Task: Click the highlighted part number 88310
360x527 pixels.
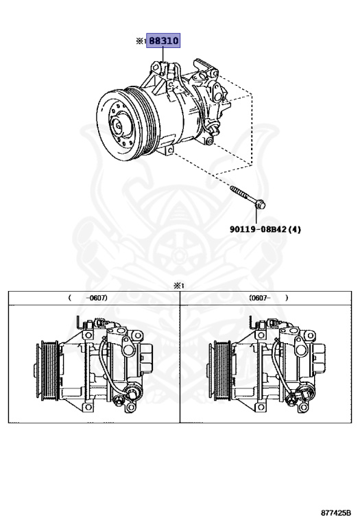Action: coord(163,40)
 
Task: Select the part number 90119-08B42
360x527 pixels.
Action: coord(259,230)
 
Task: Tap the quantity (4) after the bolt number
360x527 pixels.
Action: coord(295,230)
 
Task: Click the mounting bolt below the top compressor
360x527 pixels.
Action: coord(248,196)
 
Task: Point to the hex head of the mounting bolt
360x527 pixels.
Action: coord(261,204)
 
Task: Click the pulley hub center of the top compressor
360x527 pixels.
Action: coord(118,126)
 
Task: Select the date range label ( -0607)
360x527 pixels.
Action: coord(88,298)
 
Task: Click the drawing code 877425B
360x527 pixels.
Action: coord(336,513)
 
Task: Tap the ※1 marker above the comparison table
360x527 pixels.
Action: coord(178,286)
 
